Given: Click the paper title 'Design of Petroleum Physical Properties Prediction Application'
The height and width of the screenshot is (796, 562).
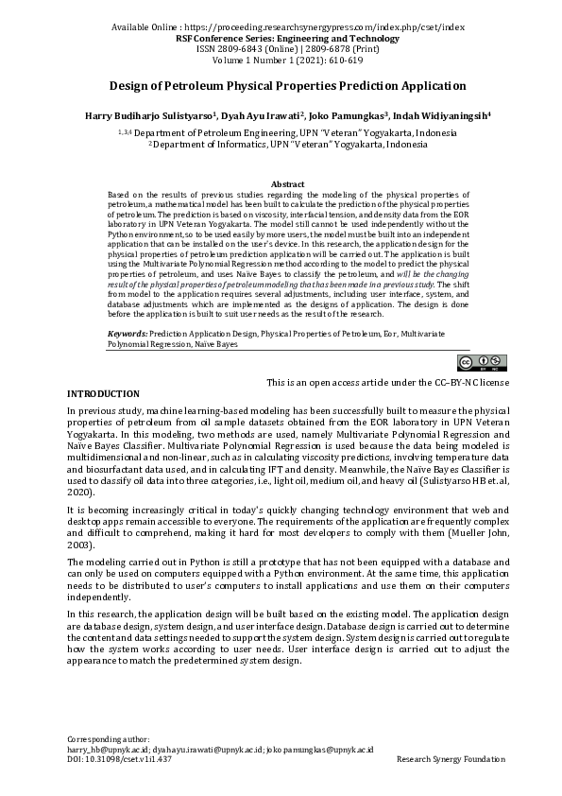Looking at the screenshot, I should pos(281,85).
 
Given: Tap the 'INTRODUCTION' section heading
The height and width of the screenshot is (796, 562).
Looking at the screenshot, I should pos(103,393).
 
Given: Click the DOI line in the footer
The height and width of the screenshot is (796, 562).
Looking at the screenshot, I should pos(119,759).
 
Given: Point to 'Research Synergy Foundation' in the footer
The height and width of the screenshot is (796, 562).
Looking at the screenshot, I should pos(451,759).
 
